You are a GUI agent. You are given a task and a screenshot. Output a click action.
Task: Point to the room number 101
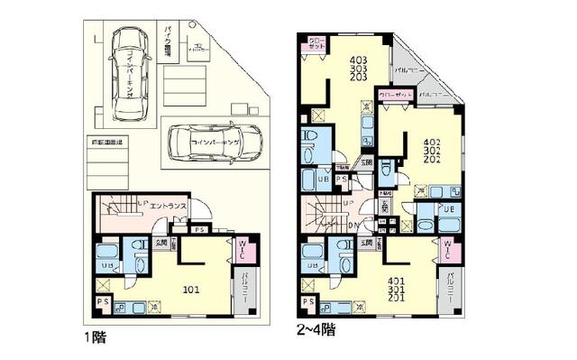click(193, 290)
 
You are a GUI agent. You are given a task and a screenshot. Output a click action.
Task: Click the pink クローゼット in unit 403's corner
click(317, 44)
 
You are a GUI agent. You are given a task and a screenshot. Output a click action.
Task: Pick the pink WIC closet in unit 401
click(449, 249)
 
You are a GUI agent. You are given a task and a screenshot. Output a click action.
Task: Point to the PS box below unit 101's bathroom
click(103, 301)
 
